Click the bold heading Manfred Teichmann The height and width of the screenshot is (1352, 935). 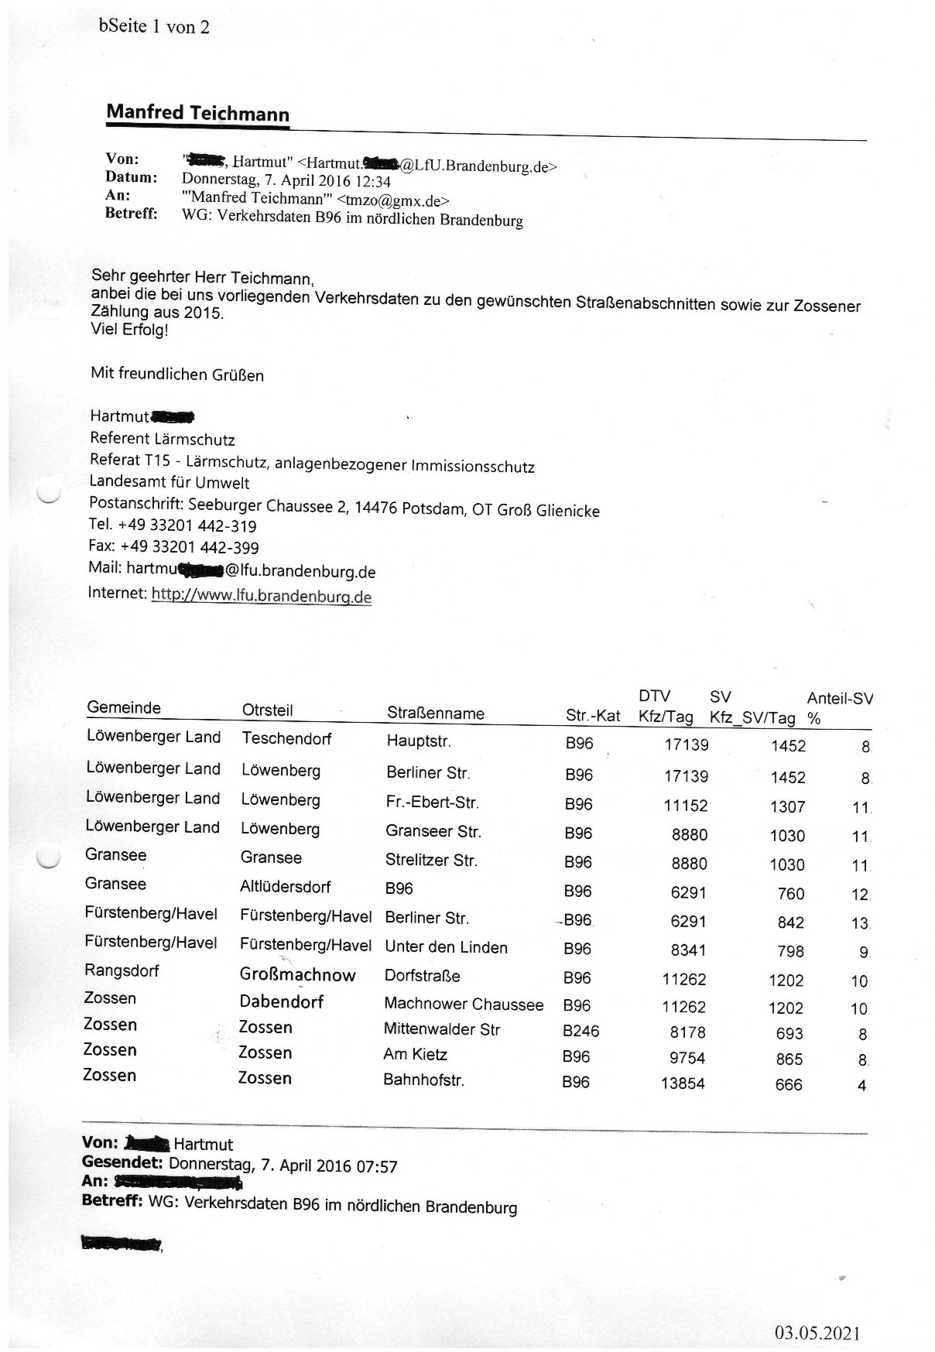click(x=197, y=113)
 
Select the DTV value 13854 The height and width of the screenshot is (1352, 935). click(x=683, y=1083)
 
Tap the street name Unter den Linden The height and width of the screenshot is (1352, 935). click(x=446, y=947)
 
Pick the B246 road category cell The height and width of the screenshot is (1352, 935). click(x=581, y=1031)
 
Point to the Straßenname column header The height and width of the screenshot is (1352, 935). click(x=435, y=713)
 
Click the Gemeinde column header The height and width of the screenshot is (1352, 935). click(x=124, y=707)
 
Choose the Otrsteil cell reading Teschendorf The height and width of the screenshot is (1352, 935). click(x=286, y=738)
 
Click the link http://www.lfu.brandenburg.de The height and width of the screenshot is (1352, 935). click(x=262, y=596)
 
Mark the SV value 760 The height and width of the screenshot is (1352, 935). click(x=790, y=894)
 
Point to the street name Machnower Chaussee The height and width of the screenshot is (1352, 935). click(x=464, y=1005)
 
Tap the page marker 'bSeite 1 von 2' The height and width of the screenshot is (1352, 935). click(x=154, y=27)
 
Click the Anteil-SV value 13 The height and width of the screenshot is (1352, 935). click(x=860, y=923)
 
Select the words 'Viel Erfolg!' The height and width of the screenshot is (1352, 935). click(x=129, y=330)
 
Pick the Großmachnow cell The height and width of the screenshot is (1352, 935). click(x=297, y=975)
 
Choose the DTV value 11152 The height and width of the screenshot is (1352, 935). click(x=685, y=806)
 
